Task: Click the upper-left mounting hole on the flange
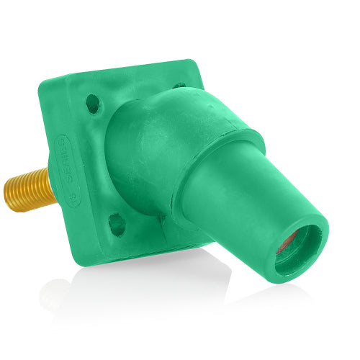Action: pyautogui.click(x=92, y=104)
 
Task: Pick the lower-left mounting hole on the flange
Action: pyautogui.click(x=115, y=224)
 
